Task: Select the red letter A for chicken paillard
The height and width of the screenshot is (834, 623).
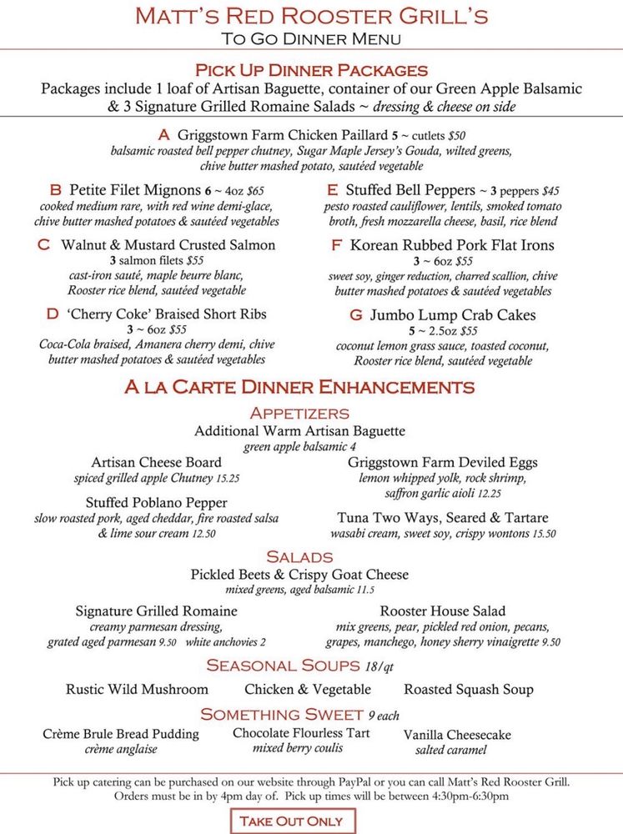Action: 163,134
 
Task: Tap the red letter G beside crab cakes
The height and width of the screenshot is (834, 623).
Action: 356,315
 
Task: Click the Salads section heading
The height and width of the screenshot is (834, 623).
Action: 299,556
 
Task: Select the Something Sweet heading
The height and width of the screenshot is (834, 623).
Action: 281,715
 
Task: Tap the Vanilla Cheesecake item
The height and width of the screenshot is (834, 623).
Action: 457,735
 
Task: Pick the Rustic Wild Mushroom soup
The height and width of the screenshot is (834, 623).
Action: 137,690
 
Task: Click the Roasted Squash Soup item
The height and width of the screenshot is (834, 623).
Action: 469,690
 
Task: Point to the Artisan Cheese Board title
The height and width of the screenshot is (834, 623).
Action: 157,462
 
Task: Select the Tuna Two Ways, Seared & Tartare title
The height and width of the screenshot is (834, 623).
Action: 443,518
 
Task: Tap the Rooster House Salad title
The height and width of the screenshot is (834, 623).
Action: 443,611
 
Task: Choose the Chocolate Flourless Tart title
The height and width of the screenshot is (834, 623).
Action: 301,733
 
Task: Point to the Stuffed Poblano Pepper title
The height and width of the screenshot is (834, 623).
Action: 157,503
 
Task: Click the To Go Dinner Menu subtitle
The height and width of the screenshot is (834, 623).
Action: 311,38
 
